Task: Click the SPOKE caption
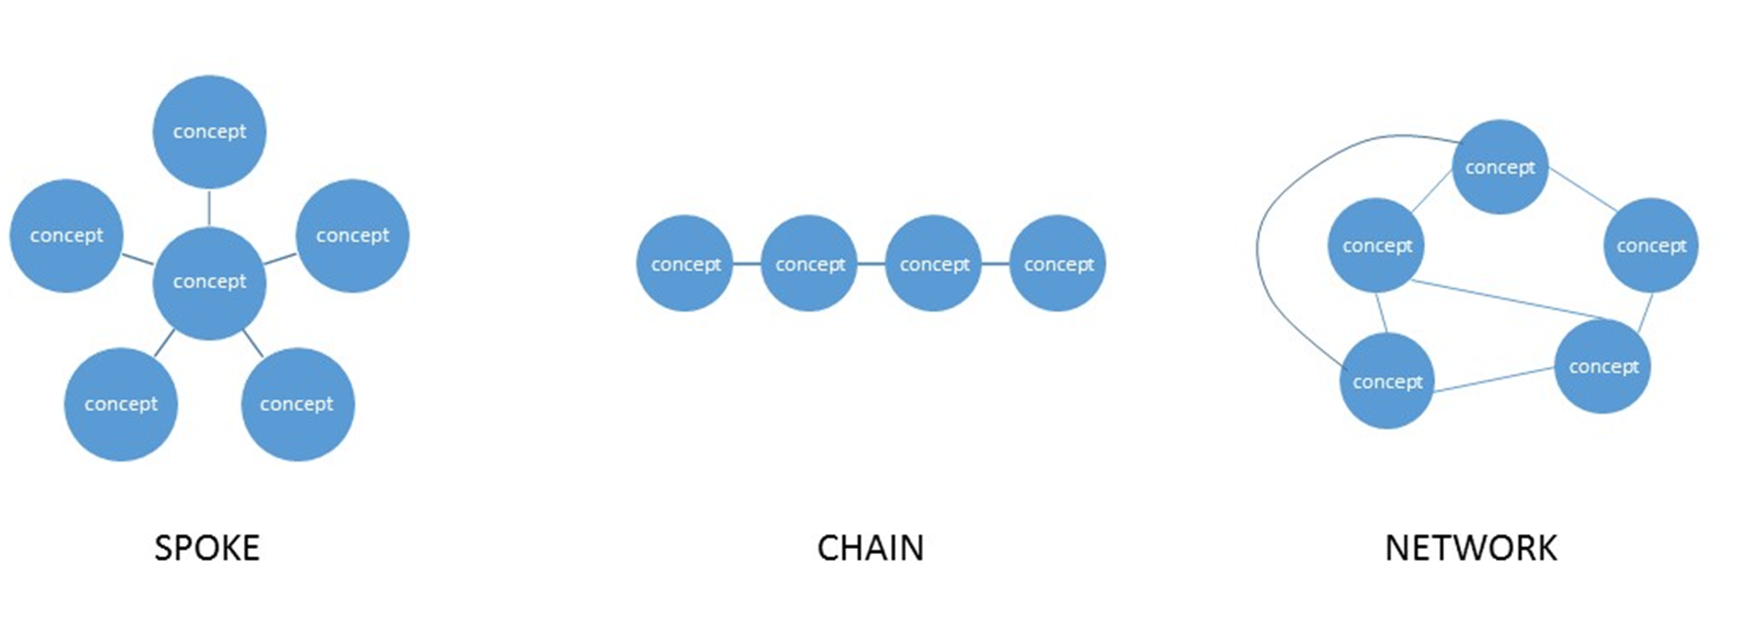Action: point(207,548)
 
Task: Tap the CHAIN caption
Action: point(870,548)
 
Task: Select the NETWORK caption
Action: point(1470,548)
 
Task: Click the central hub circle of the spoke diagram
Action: point(209,282)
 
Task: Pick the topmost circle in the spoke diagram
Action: point(209,132)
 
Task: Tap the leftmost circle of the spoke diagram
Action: point(66,236)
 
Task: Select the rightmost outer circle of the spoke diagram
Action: point(352,236)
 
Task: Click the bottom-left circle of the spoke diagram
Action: point(121,404)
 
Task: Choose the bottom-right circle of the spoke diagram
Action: point(297,404)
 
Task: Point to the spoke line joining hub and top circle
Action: point(209,208)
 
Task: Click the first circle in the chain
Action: point(685,264)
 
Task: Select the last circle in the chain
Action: point(1058,264)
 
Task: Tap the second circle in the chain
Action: point(809,264)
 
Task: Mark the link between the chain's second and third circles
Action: point(871,264)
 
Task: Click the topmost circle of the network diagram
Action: point(1500,167)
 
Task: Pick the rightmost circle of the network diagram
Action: point(1651,246)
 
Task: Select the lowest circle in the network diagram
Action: point(1387,381)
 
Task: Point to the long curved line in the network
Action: point(1257,251)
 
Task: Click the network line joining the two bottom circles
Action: point(1494,380)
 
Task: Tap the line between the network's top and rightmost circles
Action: point(1583,189)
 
